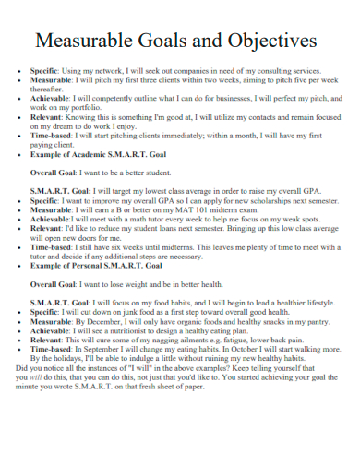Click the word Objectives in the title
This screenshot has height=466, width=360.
[x=274, y=42]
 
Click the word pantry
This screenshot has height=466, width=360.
[x=318, y=321]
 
